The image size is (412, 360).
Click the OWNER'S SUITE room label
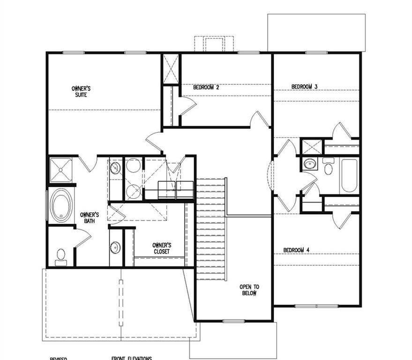click(81, 91)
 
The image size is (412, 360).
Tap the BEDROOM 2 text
click(206, 87)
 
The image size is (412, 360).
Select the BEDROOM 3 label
click(305, 86)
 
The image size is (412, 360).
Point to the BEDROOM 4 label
click(297, 250)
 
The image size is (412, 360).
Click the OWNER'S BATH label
click(89, 217)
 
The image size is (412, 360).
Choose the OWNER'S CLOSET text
click(162, 248)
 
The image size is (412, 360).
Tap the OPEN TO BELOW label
click(249, 290)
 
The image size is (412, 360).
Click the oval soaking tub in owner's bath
click(61, 205)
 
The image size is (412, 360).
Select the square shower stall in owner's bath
click(61, 170)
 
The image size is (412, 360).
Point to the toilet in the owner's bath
click(61, 256)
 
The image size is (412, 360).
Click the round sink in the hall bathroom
click(309, 164)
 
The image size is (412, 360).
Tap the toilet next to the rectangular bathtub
click(328, 166)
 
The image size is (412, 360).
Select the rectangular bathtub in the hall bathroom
click(349, 175)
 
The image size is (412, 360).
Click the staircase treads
click(211, 225)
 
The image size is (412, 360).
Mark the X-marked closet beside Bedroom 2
click(171, 69)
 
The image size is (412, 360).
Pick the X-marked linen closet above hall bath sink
click(311, 147)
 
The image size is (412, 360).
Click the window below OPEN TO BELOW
click(233, 321)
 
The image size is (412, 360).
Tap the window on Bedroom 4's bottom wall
click(316, 306)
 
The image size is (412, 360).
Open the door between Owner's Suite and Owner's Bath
click(87, 164)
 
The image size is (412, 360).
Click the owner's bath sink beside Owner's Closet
click(115, 247)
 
